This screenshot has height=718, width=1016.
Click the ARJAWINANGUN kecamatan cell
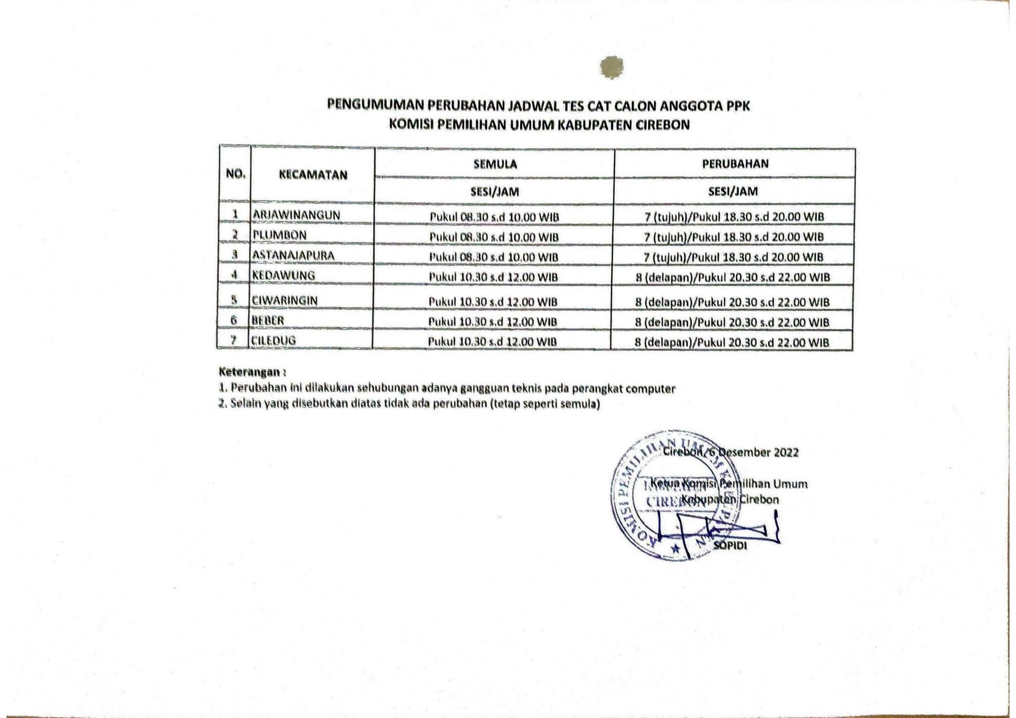pyautogui.click(x=297, y=215)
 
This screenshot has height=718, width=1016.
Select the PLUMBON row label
pyautogui.click(x=280, y=235)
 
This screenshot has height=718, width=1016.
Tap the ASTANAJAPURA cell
pyautogui.click(x=293, y=255)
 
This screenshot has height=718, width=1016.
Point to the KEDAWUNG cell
pyautogui.click(x=284, y=275)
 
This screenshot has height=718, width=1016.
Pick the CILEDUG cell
pyautogui.click(x=274, y=340)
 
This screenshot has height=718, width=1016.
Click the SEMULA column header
pyautogui.click(x=494, y=164)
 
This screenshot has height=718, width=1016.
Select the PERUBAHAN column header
pyautogui.click(x=735, y=163)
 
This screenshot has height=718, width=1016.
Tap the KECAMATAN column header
pyautogui.click(x=313, y=175)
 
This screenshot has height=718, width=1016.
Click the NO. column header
pyautogui.click(x=235, y=174)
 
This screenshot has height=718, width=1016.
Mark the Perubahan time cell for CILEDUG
pyautogui.click(x=732, y=342)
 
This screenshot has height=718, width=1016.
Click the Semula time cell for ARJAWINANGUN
pyautogui.click(x=494, y=217)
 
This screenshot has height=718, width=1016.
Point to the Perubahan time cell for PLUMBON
pyautogui.click(x=734, y=236)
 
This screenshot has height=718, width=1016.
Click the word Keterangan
pyautogui.click(x=249, y=372)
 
